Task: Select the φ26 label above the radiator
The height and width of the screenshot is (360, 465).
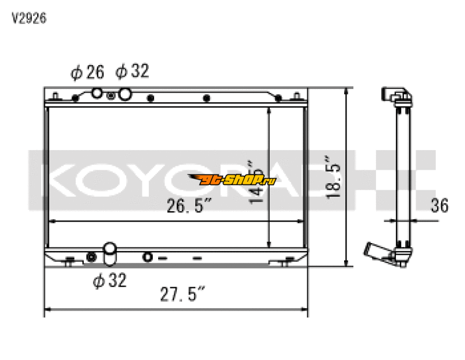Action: coord(87,72)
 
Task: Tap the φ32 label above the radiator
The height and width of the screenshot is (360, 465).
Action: coord(132,72)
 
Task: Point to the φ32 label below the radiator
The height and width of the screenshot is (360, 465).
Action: coord(109,281)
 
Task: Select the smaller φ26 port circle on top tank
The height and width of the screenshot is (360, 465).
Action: coord(98,92)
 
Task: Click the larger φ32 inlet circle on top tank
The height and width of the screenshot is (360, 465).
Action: coord(124,94)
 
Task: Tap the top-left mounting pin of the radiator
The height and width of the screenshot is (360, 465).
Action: coord(55,94)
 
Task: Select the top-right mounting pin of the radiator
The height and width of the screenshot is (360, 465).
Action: coord(298,94)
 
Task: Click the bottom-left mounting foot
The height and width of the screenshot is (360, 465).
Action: coord(69,262)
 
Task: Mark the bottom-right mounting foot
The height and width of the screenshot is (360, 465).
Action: coord(285,262)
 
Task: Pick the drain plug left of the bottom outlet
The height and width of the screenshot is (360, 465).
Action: coord(91,257)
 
